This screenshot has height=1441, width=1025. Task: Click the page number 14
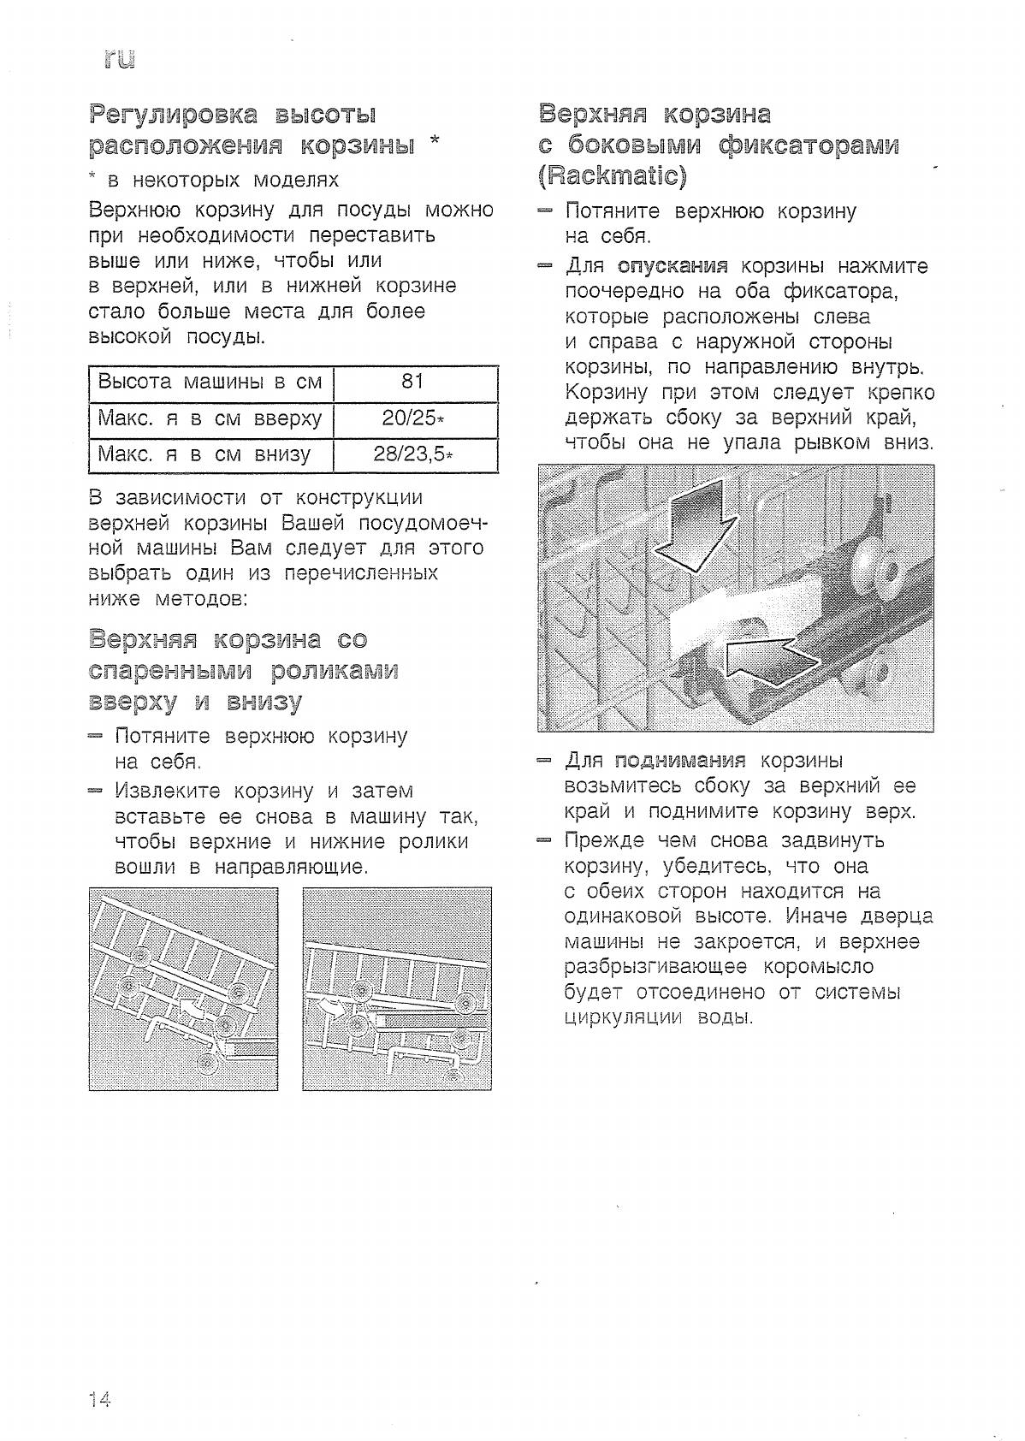98,1400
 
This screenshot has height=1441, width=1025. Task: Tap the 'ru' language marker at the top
119,59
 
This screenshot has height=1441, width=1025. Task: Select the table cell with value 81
413,382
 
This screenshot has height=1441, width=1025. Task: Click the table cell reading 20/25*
414,418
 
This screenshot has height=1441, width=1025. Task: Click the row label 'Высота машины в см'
210,382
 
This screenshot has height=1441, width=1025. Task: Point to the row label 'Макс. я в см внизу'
204,454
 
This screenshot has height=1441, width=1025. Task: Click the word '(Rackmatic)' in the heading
613,176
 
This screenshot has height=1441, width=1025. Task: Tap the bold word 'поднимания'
681,761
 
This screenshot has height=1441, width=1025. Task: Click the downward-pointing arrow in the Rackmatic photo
695,525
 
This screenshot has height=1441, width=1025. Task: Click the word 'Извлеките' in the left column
168,791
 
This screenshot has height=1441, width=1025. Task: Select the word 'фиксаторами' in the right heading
809,145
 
